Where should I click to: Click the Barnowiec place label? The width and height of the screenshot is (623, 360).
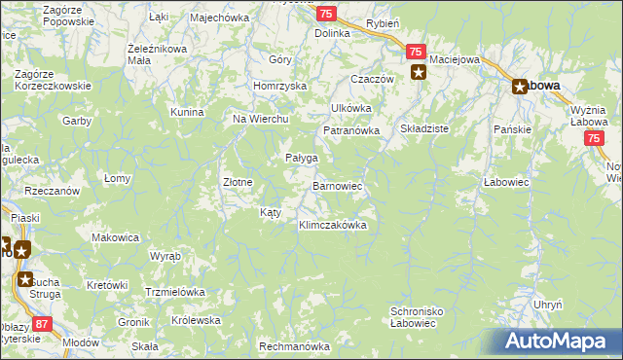(x=338, y=185)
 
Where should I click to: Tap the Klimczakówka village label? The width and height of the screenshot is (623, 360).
(x=332, y=225)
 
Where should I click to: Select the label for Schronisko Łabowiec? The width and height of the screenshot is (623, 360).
(x=419, y=317)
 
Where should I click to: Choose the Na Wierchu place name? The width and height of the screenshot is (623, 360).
(x=260, y=119)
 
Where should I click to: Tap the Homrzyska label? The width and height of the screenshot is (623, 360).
(x=279, y=86)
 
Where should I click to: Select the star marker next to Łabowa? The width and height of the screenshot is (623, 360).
(x=520, y=86)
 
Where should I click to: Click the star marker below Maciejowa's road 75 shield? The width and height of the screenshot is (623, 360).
(x=419, y=71)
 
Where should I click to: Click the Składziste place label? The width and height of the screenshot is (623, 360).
(x=424, y=127)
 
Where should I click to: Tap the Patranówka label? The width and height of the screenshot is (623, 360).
(x=349, y=130)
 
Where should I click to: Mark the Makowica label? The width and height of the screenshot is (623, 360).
(x=116, y=237)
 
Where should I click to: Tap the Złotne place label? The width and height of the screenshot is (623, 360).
(x=238, y=182)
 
